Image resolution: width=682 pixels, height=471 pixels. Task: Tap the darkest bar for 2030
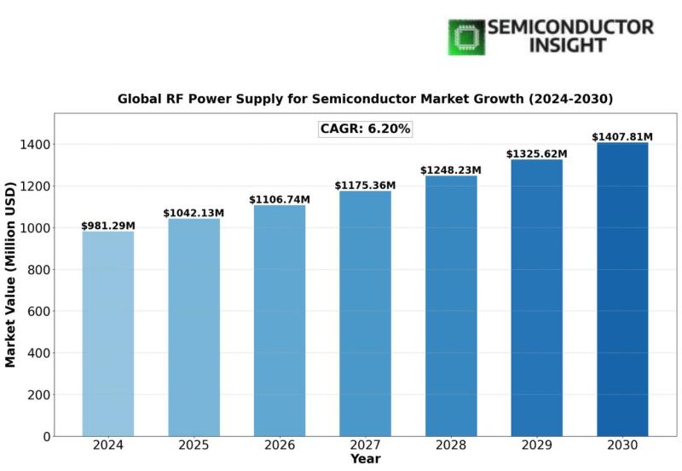(622, 290)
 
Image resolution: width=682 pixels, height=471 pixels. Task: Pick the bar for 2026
(280, 320)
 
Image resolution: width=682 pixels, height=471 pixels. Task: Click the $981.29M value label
(108, 226)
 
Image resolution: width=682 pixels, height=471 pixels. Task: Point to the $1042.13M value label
(194, 213)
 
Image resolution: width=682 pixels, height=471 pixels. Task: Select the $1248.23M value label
(451, 170)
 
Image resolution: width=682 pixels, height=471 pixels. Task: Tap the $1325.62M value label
(536, 154)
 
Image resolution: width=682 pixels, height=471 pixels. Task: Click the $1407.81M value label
(622, 137)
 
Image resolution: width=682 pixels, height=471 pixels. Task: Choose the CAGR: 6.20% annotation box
(365, 129)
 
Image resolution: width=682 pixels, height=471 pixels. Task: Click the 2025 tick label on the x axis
(194, 445)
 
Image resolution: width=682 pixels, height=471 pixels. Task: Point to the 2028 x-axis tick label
(451, 445)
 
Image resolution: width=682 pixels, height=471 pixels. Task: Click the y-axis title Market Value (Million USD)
(11, 273)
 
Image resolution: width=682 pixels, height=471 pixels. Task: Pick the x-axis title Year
(365, 460)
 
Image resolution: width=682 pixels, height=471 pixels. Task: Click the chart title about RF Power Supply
(365, 99)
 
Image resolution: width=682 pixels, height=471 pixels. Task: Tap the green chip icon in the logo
(466, 37)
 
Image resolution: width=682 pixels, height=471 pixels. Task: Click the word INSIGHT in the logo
(569, 45)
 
